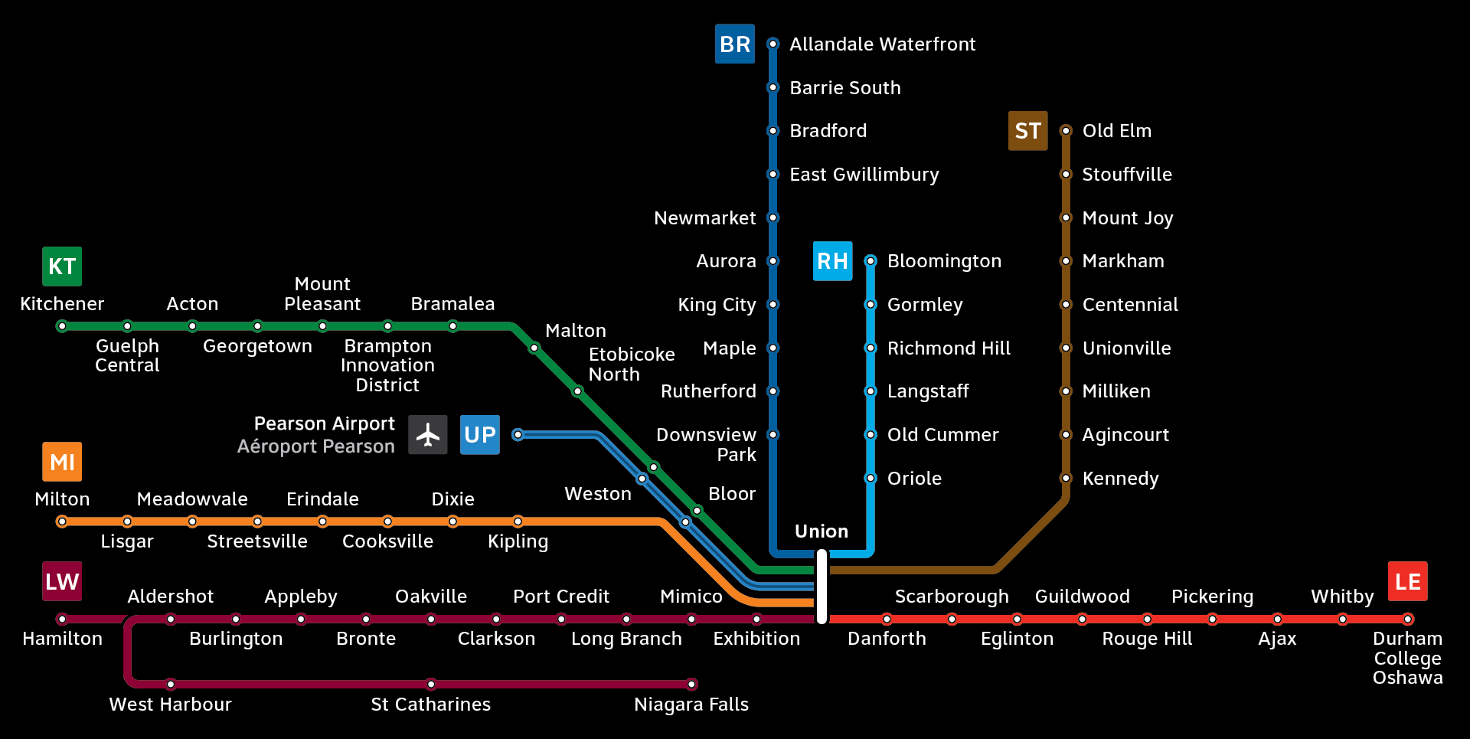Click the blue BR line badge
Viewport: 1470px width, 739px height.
[x=734, y=44]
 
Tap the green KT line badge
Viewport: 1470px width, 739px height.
[x=62, y=266]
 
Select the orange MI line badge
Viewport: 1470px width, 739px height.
[x=62, y=462]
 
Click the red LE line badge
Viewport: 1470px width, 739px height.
[x=1407, y=582]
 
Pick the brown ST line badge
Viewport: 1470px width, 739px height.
[x=1027, y=131]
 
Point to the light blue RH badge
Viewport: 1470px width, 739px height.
[x=832, y=261]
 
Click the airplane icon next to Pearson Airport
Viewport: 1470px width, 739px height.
[x=427, y=435]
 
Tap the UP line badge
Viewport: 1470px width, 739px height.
[x=480, y=435]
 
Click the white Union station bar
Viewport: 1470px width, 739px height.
[x=822, y=587]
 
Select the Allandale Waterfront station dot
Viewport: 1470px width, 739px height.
[x=773, y=44]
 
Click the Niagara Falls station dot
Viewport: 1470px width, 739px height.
[x=691, y=684]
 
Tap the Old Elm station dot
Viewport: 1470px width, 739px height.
[x=1066, y=131]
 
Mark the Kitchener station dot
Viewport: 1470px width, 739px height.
[x=62, y=326]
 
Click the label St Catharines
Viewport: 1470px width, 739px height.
[x=430, y=705]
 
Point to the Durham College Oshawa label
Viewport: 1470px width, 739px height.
[x=1407, y=658]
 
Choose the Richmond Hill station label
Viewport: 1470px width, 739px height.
[x=949, y=348]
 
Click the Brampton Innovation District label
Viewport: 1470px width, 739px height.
[x=387, y=365]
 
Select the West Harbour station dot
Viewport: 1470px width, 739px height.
[x=171, y=684]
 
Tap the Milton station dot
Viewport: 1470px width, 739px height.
[x=62, y=522]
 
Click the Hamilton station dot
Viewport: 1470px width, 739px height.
[x=62, y=619]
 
